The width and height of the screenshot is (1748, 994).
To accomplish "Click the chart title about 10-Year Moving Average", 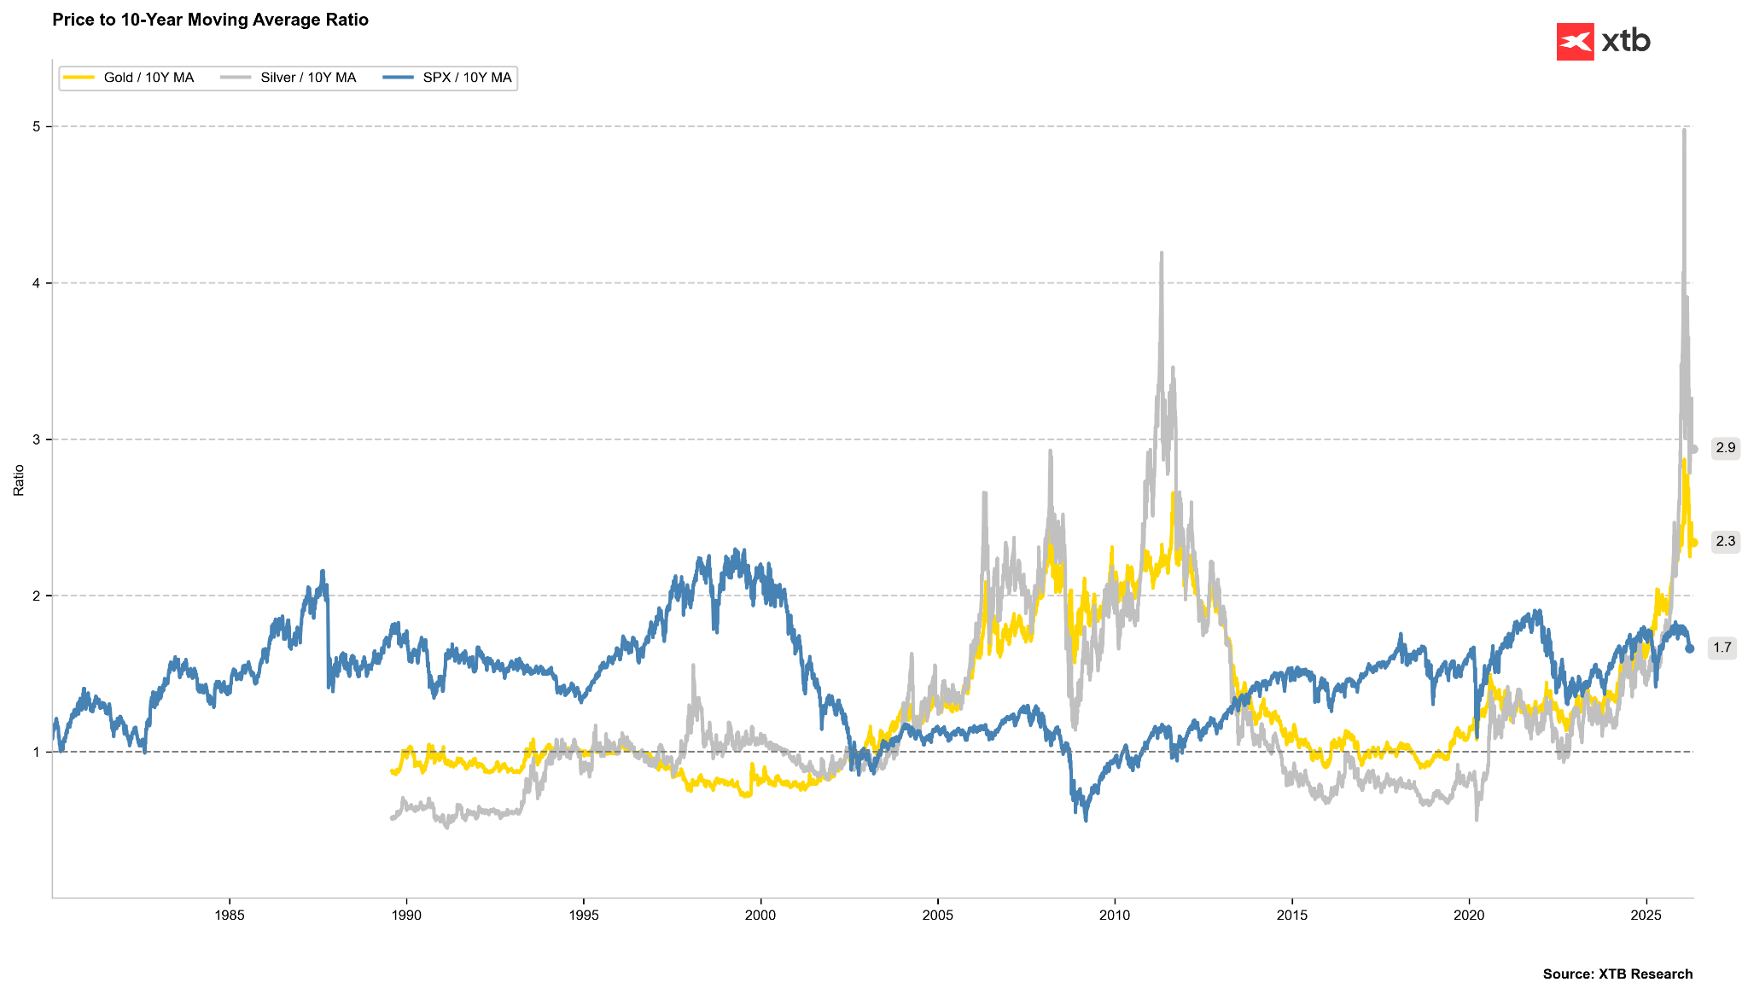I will tap(210, 20).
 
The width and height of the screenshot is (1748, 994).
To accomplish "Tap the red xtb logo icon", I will tap(1575, 42).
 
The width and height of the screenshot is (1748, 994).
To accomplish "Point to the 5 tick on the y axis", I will tap(37, 126).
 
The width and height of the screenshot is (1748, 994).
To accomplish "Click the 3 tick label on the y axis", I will tap(37, 439).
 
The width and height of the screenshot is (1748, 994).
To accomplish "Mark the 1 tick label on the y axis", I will tap(37, 752).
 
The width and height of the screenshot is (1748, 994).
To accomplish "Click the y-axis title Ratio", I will tap(19, 480).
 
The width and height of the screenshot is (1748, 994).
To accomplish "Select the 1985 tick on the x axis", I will tap(229, 916).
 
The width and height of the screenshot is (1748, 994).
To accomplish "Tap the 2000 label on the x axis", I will tap(760, 916).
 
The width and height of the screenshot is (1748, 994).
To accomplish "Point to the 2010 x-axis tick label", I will tap(1115, 916).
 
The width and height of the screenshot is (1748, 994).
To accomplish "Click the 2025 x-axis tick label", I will tap(1646, 916).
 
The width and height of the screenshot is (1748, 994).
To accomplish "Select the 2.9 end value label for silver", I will tap(1725, 448).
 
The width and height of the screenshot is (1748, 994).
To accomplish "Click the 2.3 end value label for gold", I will tap(1725, 541).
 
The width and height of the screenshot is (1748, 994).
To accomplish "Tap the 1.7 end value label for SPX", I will tap(1722, 648).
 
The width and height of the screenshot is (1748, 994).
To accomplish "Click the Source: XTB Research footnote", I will tap(1617, 974).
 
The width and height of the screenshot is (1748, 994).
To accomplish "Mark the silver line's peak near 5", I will tap(1684, 130).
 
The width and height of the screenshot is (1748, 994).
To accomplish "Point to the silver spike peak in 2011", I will tap(1162, 253).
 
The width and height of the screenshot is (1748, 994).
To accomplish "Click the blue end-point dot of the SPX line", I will tap(1690, 648).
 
